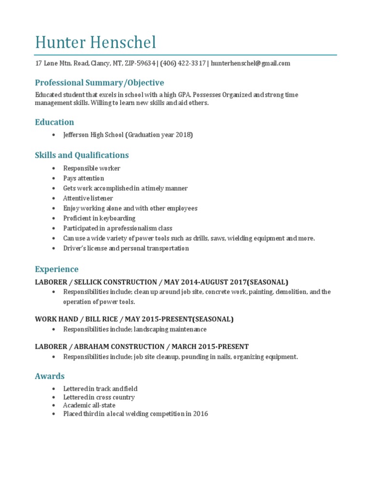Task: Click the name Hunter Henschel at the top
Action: [x=96, y=43]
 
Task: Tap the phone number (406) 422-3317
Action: [x=183, y=63]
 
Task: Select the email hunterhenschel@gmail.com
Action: [x=251, y=63]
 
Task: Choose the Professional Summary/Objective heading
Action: [x=100, y=83]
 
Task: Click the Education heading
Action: [x=55, y=122]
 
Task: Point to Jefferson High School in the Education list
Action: [x=93, y=135]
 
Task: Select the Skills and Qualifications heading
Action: [x=82, y=155]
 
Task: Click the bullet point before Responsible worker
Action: [x=52, y=169]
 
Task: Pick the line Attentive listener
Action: [x=88, y=198]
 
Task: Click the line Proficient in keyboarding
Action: [x=99, y=218]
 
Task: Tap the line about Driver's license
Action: [x=126, y=248]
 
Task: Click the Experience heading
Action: [x=57, y=269]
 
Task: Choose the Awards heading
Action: [x=50, y=376]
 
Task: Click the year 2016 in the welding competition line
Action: [x=200, y=414]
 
